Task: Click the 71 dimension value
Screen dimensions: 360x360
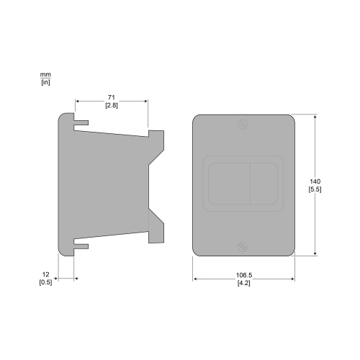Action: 112,97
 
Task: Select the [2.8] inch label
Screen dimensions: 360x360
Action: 112,105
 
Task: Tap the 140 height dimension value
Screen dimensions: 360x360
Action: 315,181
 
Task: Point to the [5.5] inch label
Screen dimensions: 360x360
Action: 315,189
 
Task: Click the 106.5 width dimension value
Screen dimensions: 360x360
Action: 244,275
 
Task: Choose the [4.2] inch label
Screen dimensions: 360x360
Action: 244,283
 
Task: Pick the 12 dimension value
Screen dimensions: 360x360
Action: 45,274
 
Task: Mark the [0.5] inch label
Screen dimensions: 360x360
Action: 45,282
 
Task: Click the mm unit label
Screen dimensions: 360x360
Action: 45,75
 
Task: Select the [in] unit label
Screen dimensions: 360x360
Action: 45,82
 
